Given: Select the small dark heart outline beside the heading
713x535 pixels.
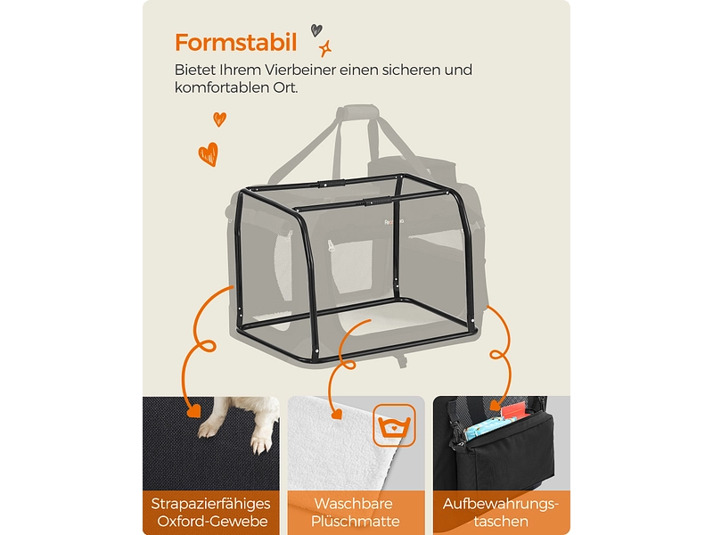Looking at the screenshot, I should click(x=316, y=29).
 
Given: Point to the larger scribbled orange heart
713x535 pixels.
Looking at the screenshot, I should click(x=208, y=153).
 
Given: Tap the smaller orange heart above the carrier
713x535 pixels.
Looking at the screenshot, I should click(x=219, y=119).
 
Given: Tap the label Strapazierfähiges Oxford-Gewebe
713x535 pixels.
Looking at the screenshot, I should click(x=210, y=512).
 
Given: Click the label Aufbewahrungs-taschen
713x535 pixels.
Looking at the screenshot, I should click(x=501, y=512).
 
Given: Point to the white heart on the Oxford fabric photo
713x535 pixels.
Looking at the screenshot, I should click(x=192, y=412).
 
